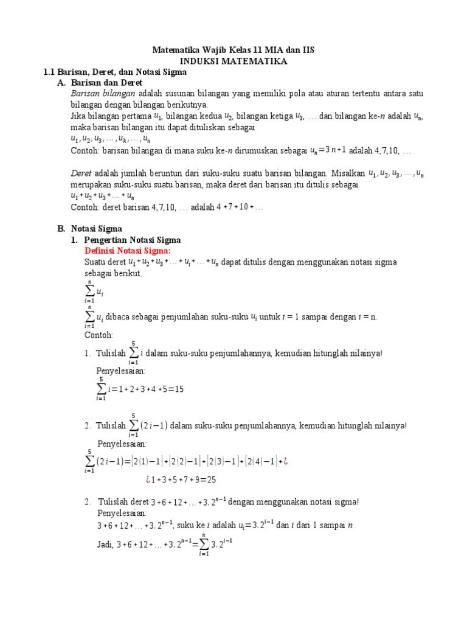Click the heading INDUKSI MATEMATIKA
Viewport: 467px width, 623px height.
[233, 61]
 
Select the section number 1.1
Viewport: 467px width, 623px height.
[50, 72]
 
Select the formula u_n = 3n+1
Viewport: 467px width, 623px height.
[327, 150]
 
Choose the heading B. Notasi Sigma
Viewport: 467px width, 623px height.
[89, 229]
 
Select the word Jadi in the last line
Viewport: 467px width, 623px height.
[106, 545]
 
